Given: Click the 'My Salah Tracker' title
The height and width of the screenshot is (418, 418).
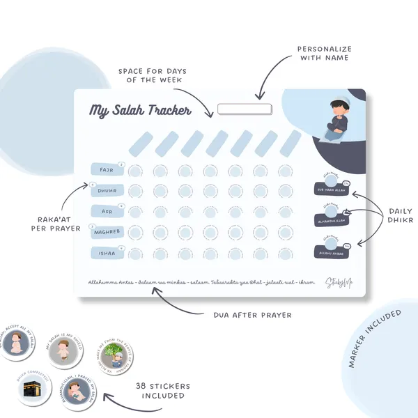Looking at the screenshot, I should tap(140, 111).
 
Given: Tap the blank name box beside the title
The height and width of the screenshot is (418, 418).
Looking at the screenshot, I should tap(244, 109).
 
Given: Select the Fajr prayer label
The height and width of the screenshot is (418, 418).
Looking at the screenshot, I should tap(107, 170).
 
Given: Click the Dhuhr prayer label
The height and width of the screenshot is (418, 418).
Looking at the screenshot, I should tap(107, 190).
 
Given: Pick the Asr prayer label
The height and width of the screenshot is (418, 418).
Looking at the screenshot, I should tap(107, 210).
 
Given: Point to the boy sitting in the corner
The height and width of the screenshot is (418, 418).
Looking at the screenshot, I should tap(337, 122).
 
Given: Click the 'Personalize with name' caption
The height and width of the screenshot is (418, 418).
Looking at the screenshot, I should tap(325, 54).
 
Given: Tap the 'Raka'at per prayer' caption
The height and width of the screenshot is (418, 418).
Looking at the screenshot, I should tap(55, 223).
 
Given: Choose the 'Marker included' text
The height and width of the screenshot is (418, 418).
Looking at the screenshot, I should tap(377, 339).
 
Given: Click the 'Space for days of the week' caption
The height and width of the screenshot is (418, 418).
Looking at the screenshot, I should tap(150, 75).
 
